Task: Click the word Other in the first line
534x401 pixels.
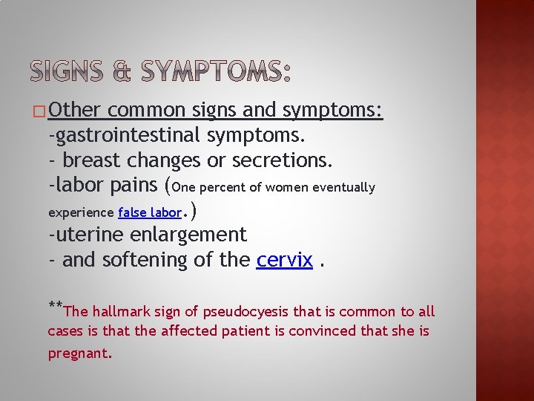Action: tap(77, 110)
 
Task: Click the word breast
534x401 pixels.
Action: tap(93, 160)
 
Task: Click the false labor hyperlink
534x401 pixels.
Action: tap(149, 212)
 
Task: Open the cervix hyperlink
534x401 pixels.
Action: tap(284, 260)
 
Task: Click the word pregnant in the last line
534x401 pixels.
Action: tap(78, 353)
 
